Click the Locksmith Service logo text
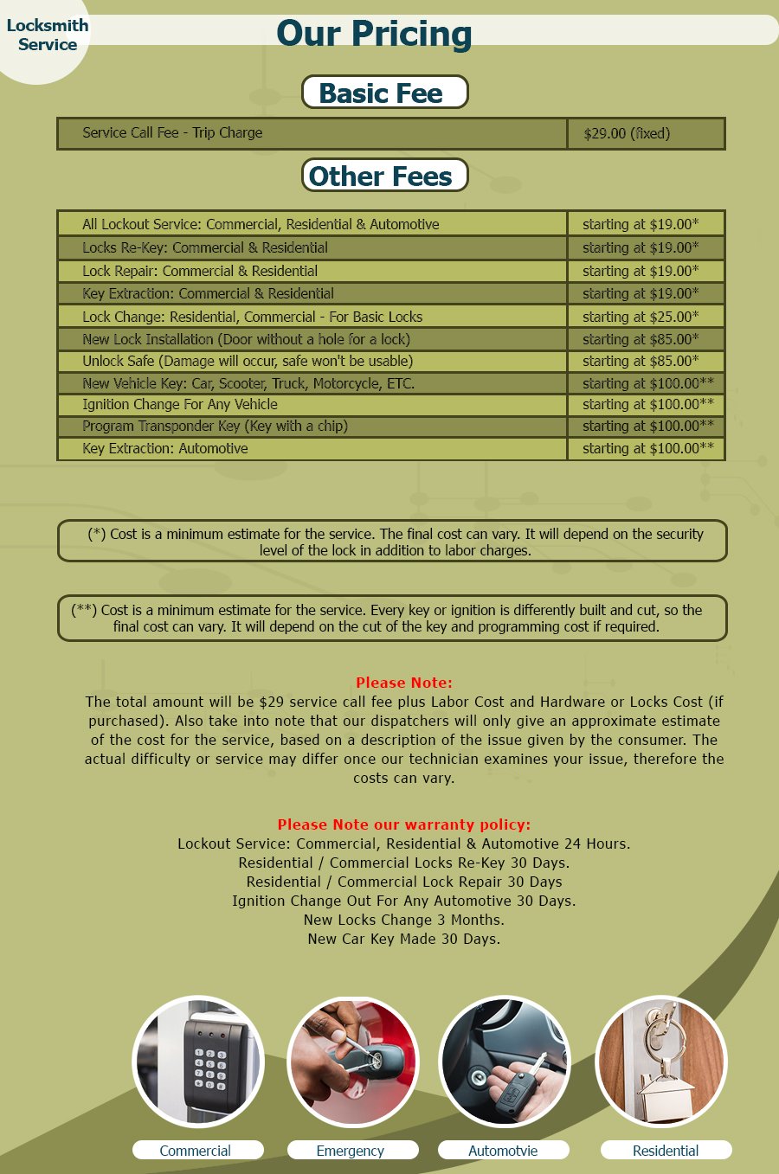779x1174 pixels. tap(48, 35)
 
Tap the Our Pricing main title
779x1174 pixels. tap(374, 34)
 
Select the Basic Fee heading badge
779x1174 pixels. tap(384, 93)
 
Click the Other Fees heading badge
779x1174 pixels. tap(384, 176)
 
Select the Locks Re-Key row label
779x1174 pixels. tap(205, 247)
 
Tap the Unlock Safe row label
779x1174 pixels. tap(248, 361)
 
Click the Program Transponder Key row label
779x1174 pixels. tap(215, 426)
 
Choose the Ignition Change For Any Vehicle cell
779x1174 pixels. tap(180, 404)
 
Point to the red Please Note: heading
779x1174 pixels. tap(403, 683)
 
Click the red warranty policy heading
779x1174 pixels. tap(403, 824)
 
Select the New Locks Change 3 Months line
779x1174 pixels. tap(403, 920)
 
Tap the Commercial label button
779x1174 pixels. tap(197, 1150)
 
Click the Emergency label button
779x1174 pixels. tap(352, 1150)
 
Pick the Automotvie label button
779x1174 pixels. tap(503, 1150)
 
